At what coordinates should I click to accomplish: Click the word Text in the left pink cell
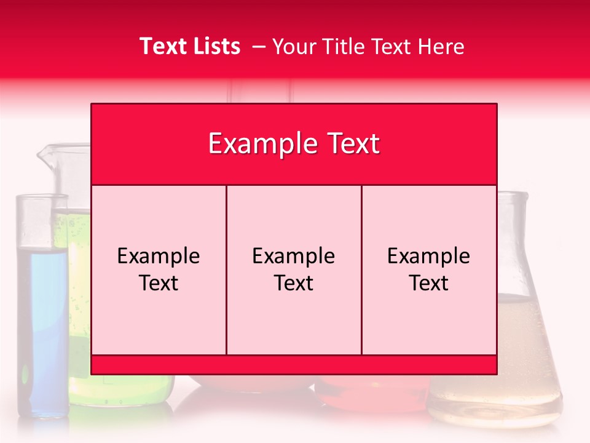pos(159,283)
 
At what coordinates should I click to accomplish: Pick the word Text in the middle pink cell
pos(294,283)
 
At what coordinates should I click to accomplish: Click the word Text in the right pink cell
pos(429,283)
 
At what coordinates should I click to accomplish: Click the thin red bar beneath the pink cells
pos(294,364)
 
